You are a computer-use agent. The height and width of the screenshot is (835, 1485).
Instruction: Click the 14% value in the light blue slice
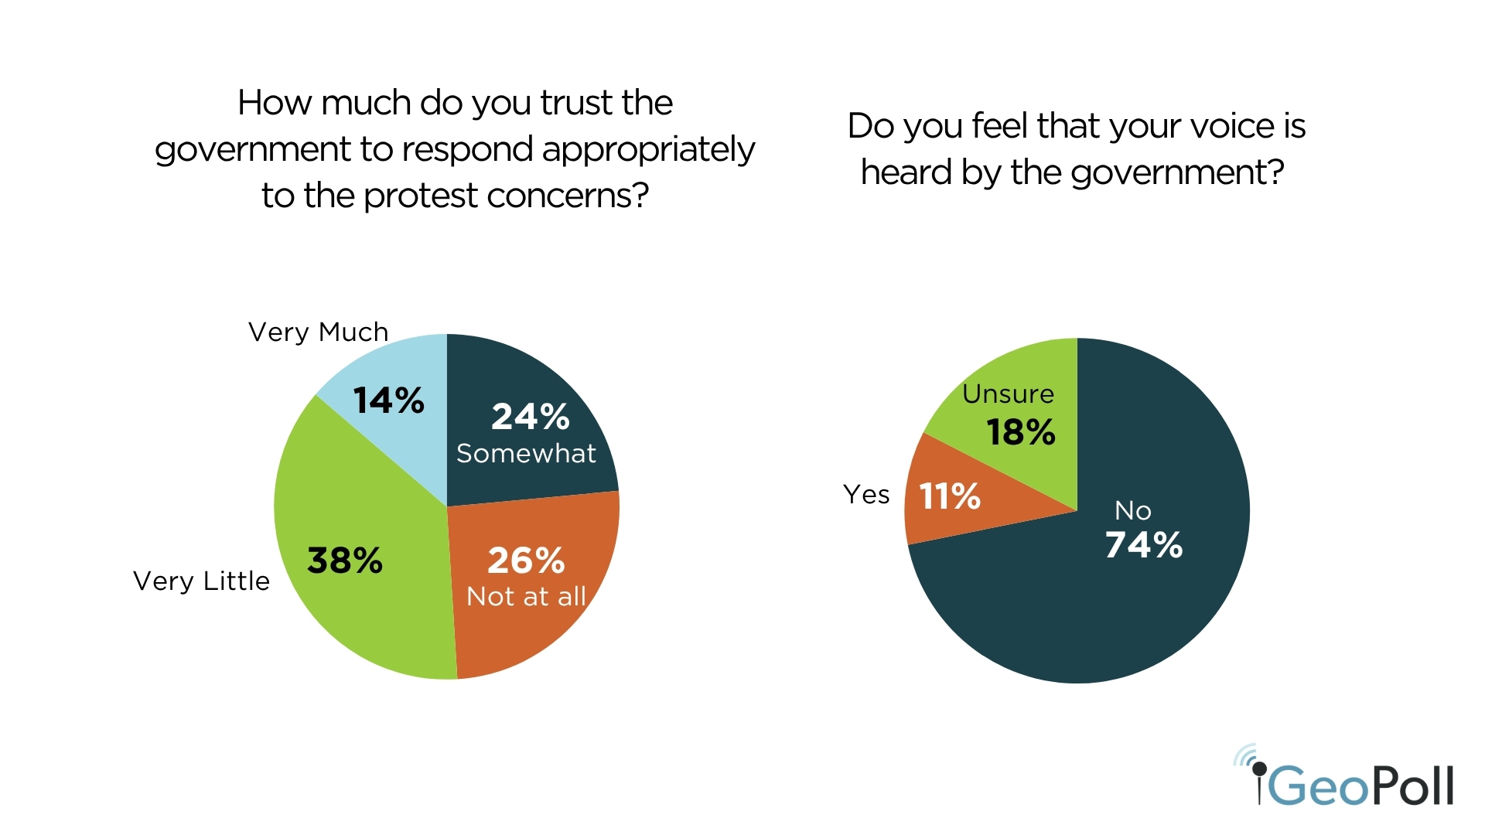[388, 400]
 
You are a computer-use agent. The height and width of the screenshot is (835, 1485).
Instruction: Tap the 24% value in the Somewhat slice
[531, 417]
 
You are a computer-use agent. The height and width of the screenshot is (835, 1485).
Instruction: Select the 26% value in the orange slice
[526, 561]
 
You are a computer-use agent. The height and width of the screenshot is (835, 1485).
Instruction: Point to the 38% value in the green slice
[345, 561]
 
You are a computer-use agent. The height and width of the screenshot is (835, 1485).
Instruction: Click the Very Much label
[318, 332]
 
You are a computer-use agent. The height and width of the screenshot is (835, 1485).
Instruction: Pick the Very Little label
[201, 581]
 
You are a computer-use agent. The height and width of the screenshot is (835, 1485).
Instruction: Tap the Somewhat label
[526, 453]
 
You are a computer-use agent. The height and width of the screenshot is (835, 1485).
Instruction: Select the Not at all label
[526, 596]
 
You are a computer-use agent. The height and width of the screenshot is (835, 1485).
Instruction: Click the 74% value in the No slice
[1144, 545]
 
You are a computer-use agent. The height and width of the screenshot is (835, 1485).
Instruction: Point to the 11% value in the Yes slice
[950, 496]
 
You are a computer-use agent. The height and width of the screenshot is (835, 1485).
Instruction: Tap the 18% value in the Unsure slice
[1021, 432]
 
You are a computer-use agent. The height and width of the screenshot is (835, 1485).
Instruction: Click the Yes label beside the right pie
[866, 494]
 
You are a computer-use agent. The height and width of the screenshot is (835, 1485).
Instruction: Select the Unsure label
[1008, 394]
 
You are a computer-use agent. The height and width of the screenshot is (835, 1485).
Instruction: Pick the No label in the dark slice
[1133, 510]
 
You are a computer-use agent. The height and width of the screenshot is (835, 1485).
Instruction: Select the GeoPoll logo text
[1361, 786]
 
